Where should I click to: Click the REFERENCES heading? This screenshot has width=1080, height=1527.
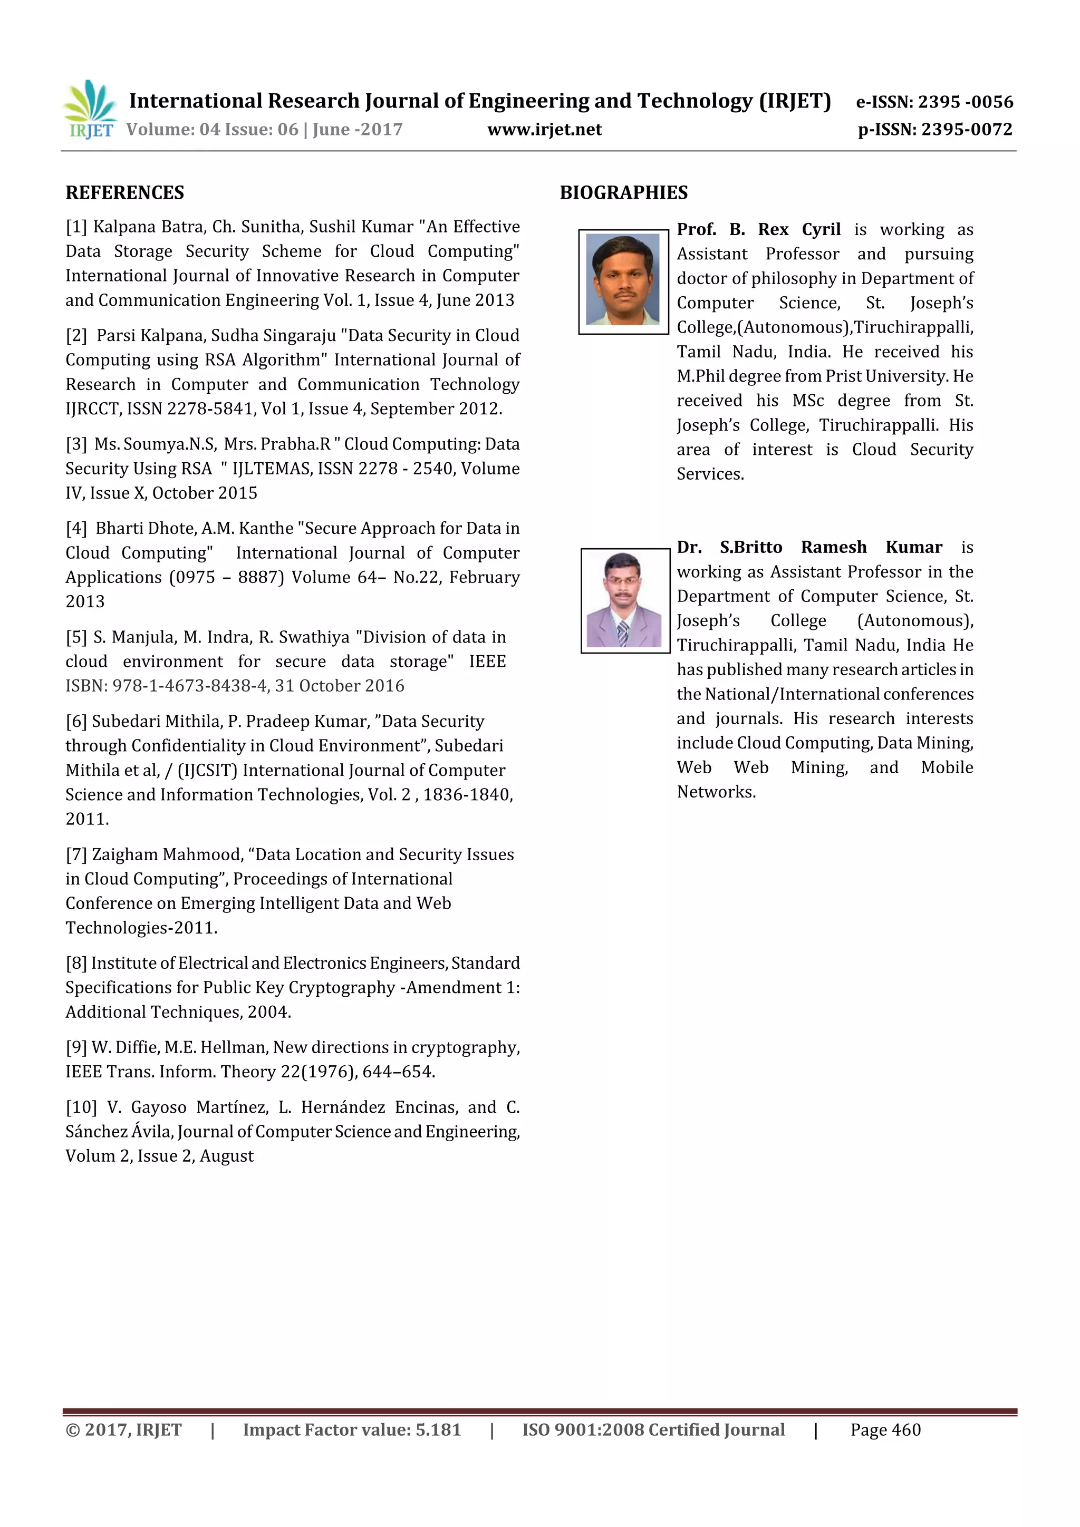tap(124, 193)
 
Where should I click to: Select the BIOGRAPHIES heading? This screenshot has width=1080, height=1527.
tap(623, 193)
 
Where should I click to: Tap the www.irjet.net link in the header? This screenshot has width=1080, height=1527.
tap(544, 130)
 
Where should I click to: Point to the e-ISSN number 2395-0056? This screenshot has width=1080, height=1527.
tap(965, 102)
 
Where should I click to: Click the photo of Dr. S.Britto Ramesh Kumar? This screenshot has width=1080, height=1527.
tap(624, 600)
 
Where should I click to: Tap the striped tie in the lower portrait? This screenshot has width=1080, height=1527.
tap(622, 633)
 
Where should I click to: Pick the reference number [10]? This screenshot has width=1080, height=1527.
tap(81, 1107)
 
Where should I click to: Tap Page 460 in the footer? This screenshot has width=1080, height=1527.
tap(884, 1429)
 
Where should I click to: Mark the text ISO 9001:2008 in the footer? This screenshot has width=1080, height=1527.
tap(582, 1429)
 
